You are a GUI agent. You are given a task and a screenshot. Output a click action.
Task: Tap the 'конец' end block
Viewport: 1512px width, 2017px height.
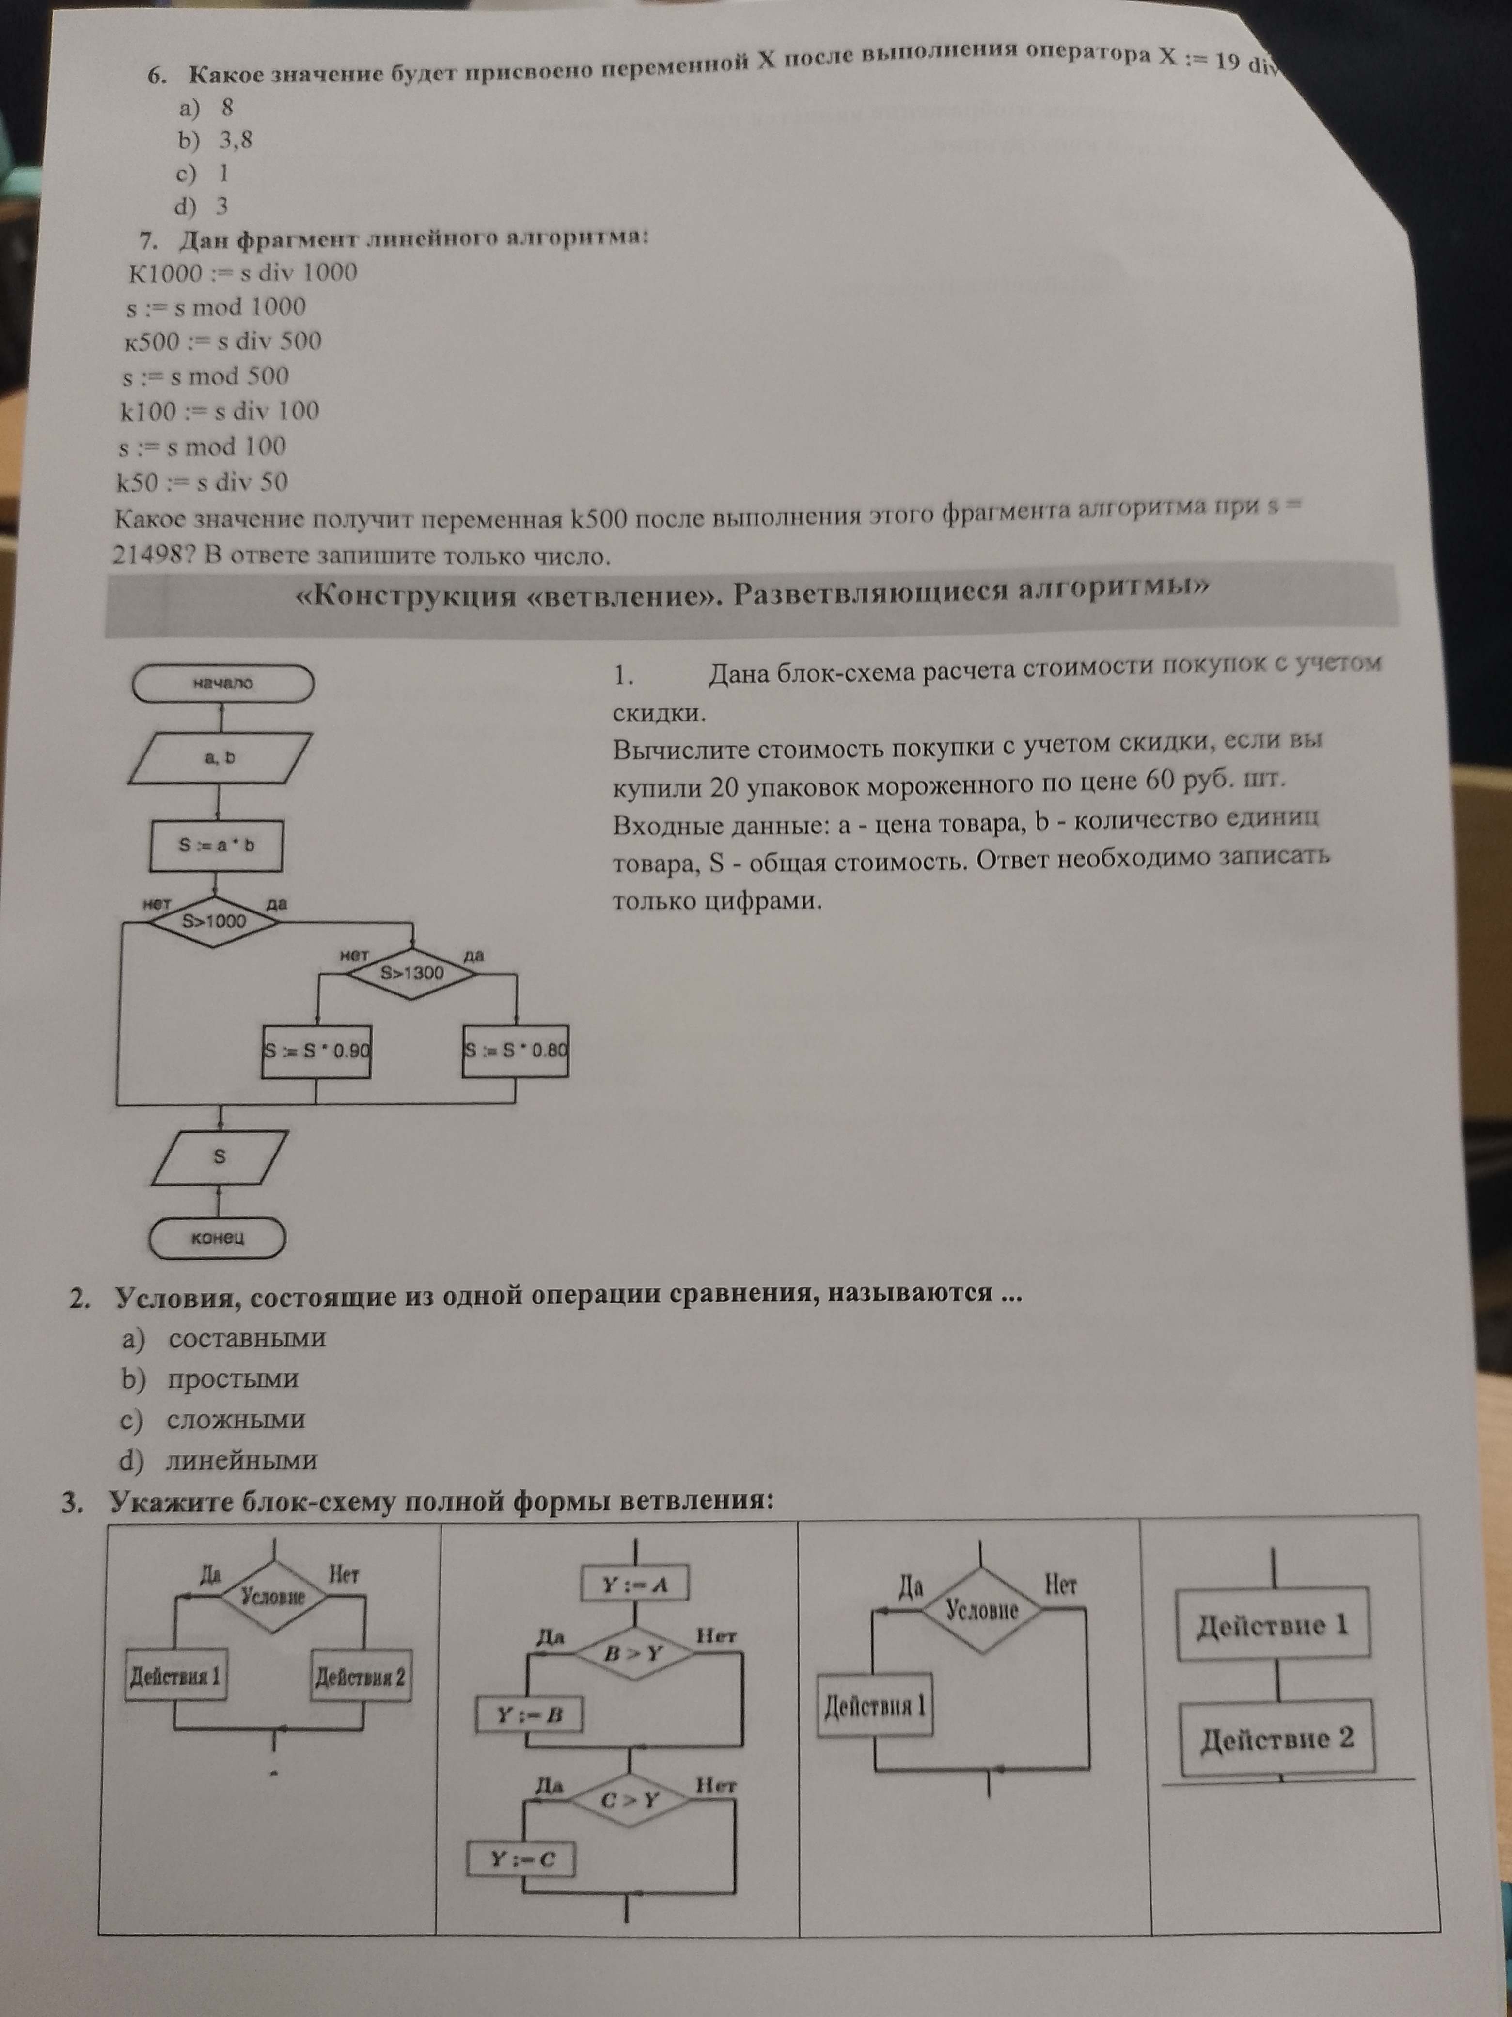tap(218, 1237)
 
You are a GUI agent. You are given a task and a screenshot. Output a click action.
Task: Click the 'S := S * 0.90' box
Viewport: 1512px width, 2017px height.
tap(316, 1051)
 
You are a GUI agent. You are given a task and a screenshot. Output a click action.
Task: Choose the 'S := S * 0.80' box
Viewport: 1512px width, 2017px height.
tap(516, 1051)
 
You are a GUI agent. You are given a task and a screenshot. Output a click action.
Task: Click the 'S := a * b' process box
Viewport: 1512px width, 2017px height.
tap(216, 845)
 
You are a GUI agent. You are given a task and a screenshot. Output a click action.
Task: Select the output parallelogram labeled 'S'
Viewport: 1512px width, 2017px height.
tap(219, 1157)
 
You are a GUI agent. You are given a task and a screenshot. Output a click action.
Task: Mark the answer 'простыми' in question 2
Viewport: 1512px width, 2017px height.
tap(233, 1379)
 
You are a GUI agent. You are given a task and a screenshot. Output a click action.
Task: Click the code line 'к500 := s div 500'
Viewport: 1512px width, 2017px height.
tap(223, 341)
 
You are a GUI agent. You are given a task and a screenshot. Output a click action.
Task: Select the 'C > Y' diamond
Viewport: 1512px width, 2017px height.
tap(630, 1800)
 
